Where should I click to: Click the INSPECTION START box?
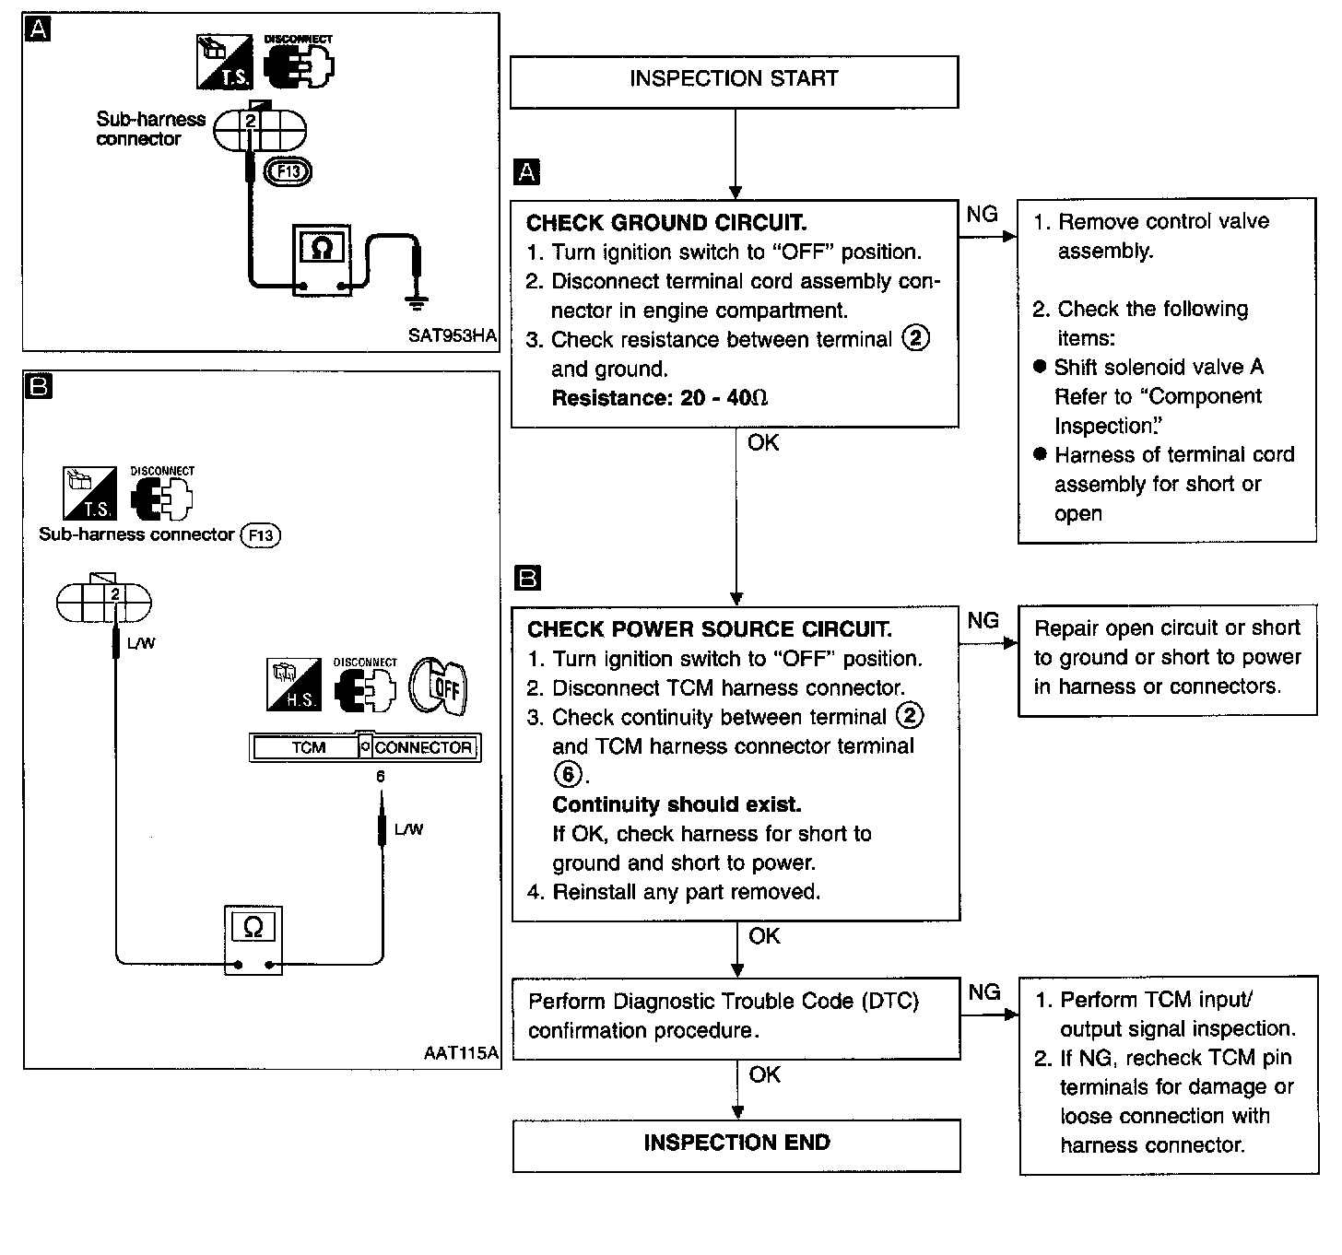coord(734,82)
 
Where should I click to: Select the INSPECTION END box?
coord(736,1145)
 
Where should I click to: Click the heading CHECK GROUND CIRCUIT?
coord(666,222)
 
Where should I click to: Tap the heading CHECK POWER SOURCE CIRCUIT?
coord(710,629)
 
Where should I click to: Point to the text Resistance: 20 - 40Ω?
coord(660,398)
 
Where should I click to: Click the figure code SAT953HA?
coord(452,336)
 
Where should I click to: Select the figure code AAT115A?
coord(461,1053)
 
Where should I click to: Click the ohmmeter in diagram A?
coord(322,261)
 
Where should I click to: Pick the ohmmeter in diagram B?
coord(253,940)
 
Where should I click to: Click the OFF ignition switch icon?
coord(438,686)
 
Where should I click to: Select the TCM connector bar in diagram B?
coord(365,747)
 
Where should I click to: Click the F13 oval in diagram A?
coord(288,171)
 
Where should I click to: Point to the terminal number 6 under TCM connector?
coord(381,777)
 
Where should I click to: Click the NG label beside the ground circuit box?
coord(982,215)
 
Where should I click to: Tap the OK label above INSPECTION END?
coord(764,1074)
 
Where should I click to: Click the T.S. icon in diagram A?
coord(224,62)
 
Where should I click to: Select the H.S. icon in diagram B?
coord(294,685)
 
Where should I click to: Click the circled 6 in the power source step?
coord(568,775)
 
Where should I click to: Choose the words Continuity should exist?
coord(677,804)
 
